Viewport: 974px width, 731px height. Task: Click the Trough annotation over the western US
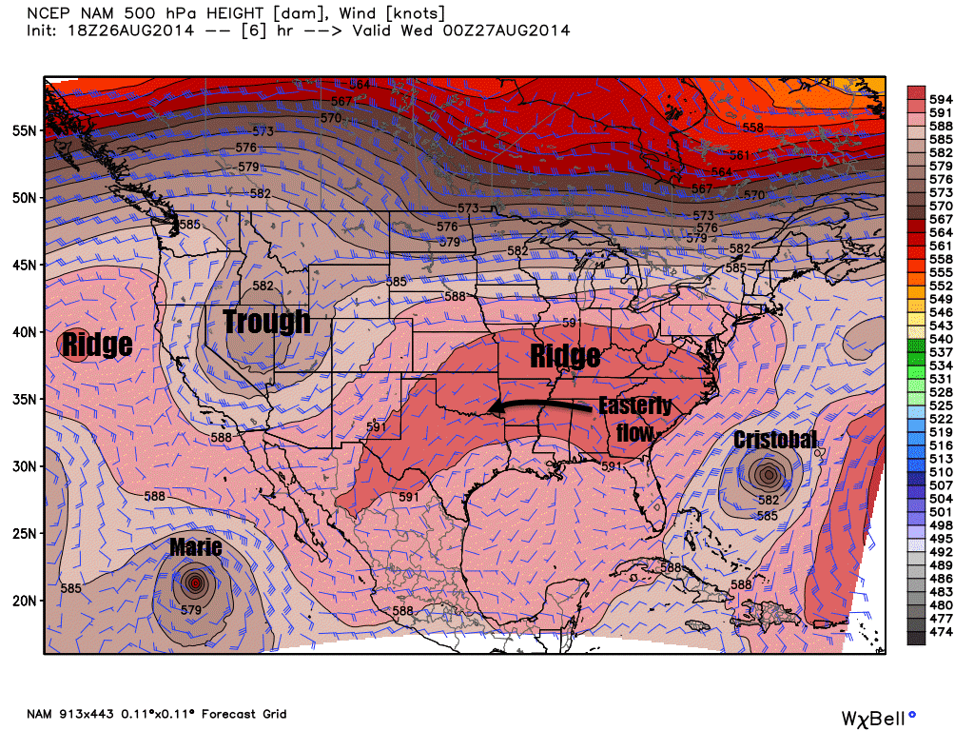266,322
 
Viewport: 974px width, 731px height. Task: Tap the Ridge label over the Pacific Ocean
97,344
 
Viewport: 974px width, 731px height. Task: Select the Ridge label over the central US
565,357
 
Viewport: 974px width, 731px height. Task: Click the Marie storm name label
196,546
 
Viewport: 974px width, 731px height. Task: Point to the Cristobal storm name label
774,440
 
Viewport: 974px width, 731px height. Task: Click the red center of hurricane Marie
195,583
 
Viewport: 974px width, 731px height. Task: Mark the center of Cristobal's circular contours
768,473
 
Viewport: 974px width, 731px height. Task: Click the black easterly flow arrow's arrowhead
493,410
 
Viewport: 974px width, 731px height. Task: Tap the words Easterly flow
635,420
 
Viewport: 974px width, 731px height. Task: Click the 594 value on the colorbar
941,99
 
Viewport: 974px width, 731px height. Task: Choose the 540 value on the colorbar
941,338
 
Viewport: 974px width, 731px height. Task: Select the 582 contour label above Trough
263,286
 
